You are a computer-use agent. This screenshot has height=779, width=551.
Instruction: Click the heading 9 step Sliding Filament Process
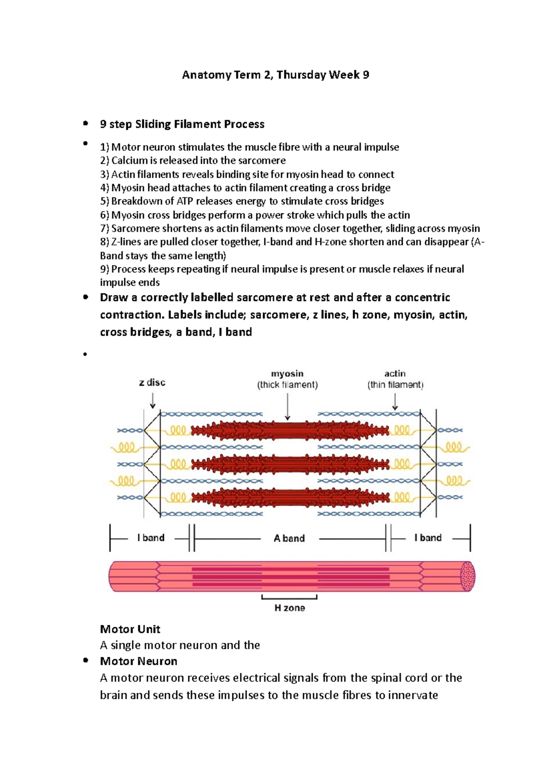pyautogui.click(x=182, y=124)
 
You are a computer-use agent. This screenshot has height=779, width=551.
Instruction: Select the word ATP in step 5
pyautogui.click(x=185, y=201)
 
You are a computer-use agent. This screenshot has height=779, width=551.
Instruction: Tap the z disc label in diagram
pyautogui.click(x=152, y=382)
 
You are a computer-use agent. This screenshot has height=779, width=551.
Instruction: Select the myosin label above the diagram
pyautogui.click(x=287, y=373)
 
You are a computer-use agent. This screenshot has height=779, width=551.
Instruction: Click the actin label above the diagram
pyautogui.click(x=395, y=373)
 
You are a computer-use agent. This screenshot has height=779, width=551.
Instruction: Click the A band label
pyautogui.click(x=289, y=538)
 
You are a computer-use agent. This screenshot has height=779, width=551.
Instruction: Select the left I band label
pyautogui.click(x=151, y=538)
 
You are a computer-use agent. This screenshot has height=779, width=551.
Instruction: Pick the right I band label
pyautogui.click(x=428, y=538)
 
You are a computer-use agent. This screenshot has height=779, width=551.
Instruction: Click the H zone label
pyautogui.click(x=289, y=608)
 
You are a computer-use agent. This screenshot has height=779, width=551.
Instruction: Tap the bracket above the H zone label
pyautogui.click(x=289, y=597)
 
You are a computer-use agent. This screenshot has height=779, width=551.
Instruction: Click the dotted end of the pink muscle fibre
pyautogui.click(x=468, y=576)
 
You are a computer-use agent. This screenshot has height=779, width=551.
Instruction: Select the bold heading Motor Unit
pyautogui.click(x=130, y=629)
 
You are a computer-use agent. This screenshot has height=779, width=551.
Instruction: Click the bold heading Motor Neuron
pyautogui.click(x=138, y=661)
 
